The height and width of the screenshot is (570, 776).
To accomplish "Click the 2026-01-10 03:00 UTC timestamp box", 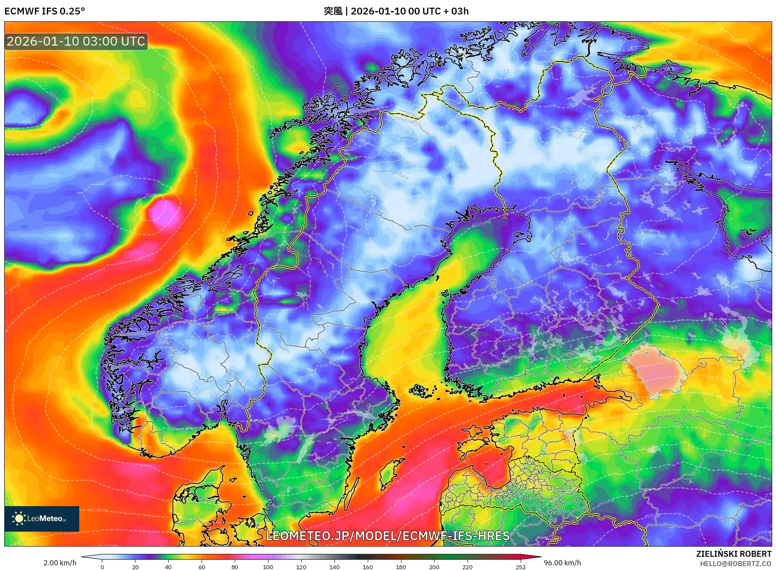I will [76, 41].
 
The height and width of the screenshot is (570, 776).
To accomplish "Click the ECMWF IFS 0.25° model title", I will [45, 11].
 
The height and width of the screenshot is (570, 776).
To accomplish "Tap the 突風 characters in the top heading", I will [333, 11].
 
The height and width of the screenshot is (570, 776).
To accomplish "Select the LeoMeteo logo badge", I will [42, 518].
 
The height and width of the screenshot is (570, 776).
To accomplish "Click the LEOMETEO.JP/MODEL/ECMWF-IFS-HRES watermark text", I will [388, 535].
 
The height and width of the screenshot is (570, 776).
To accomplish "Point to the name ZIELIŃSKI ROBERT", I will [733, 554].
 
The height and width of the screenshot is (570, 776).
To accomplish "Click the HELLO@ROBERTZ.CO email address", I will [735, 564].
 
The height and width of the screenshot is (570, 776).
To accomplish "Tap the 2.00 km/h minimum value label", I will [60, 563].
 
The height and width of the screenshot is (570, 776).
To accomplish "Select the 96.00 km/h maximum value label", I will [562, 563].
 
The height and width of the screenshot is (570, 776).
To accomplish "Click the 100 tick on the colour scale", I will [268, 567].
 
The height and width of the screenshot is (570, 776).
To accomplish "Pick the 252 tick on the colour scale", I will [520, 567].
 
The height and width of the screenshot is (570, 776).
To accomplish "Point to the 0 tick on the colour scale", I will [102, 567].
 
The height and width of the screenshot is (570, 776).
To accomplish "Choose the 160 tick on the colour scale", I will [368, 567].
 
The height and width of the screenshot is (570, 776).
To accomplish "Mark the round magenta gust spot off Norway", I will [164, 212].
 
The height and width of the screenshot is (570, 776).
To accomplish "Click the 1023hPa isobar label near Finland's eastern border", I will [618, 281].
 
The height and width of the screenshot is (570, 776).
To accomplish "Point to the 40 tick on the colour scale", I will [168, 567].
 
